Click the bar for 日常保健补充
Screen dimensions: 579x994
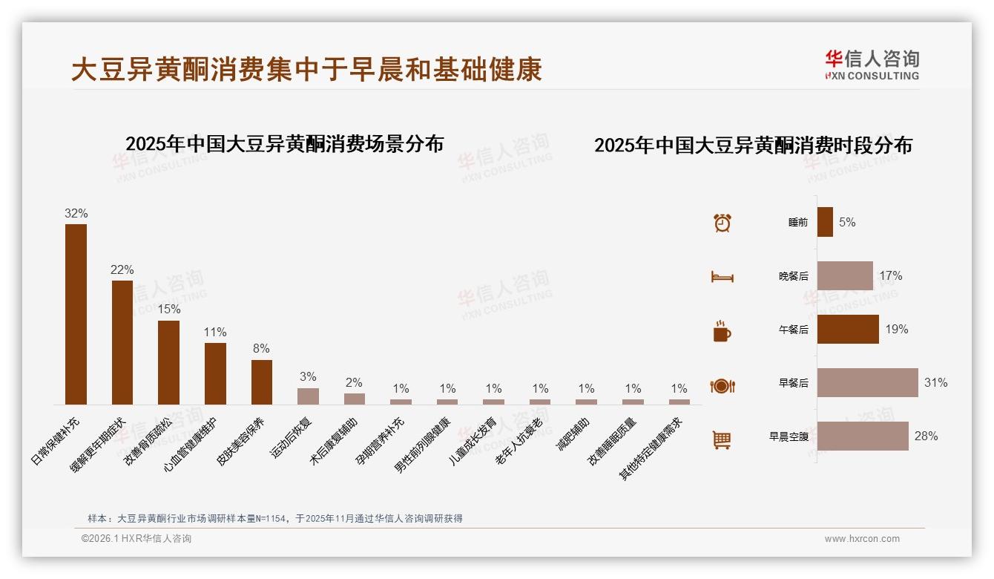[x=76, y=314]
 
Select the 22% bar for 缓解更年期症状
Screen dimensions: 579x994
[x=122, y=342]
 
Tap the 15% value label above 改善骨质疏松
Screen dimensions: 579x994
[x=169, y=309]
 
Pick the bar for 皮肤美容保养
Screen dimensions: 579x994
[x=262, y=382]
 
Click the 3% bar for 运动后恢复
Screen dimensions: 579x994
[x=308, y=396]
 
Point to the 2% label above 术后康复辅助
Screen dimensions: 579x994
[x=354, y=383]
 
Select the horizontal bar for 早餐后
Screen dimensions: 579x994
[x=867, y=383]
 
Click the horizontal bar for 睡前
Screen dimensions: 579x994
[x=825, y=222]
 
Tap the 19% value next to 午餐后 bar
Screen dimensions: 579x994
[x=896, y=330]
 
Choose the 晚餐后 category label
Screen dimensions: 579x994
[x=793, y=276]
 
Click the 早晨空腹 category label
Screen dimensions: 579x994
[x=789, y=436]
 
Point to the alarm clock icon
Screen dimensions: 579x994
[x=722, y=223]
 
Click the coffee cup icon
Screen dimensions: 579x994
[x=722, y=331]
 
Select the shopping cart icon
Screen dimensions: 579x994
[x=722, y=439]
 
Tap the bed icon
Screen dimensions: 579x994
[x=722, y=277]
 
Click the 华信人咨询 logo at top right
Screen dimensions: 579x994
[x=872, y=65]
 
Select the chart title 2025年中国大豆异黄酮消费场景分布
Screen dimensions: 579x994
[x=284, y=144]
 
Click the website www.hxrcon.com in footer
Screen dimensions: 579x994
[x=862, y=539]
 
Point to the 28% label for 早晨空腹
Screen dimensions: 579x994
[x=926, y=436]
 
